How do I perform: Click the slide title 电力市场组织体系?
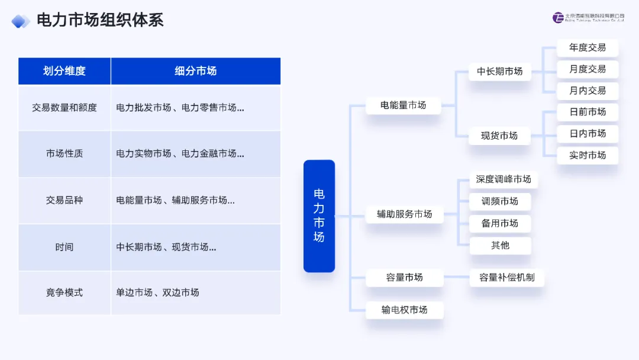click(x=99, y=20)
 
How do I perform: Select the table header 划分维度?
click(x=64, y=71)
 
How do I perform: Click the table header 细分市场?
click(x=195, y=71)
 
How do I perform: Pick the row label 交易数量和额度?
click(x=64, y=108)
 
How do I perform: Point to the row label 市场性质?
click(x=64, y=154)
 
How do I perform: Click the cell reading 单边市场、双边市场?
click(x=157, y=292)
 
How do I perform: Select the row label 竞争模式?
click(x=64, y=292)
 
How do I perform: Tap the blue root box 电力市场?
click(x=319, y=216)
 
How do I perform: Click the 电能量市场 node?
click(x=404, y=105)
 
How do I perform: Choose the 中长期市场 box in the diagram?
click(x=500, y=72)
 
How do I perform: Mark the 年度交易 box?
click(x=588, y=48)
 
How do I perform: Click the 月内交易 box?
click(x=588, y=91)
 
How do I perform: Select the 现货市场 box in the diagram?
click(x=500, y=136)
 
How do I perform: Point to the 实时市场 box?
click(x=588, y=155)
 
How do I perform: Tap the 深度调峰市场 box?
click(x=504, y=179)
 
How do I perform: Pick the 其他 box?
click(x=500, y=245)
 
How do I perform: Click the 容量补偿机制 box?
click(x=506, y=277)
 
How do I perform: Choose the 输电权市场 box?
click(x=404, y=310)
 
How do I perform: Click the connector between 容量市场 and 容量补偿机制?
click(x=456, y=277)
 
